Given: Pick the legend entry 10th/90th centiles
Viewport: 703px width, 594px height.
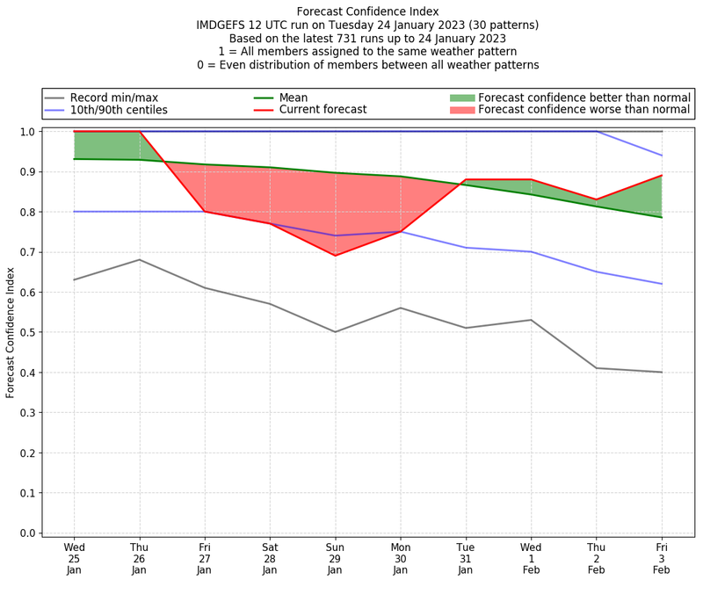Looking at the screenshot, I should pyautogui.click(x=119, y=111).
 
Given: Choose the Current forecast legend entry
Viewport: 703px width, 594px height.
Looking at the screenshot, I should pyautogui.click(x=323, y=111).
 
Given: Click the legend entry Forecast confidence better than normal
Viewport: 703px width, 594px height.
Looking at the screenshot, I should pyautogui.click(x=584, y=98).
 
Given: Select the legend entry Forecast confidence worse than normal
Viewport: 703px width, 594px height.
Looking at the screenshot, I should pyautogui.click(x=584, y=111).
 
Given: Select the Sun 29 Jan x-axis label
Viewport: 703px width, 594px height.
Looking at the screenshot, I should pyautogui.click(x=335, y=559).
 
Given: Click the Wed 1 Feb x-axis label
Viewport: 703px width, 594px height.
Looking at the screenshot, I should pyautogui.click(x=531, y=559).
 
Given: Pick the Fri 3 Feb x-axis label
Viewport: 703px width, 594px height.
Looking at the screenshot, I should pyautogui.click(x=662, y=559).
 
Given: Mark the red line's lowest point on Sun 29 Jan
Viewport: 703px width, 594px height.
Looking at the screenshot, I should pyautogui.click(x=335, y=256).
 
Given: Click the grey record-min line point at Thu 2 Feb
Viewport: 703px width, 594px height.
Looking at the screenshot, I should pyautogui.click(x=597, y=368).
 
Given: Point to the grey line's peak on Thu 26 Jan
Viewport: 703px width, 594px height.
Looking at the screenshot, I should pyautogui.click(x=139, y=259).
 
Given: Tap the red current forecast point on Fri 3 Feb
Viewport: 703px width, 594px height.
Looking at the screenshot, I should pyautogui.click(x=662, y=176).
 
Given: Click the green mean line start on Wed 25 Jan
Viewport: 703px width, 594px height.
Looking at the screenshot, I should pyautogui.click(x=74, y=159).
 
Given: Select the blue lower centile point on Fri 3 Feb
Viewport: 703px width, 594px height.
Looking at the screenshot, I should pyautogui.click(x=662, y=284).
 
